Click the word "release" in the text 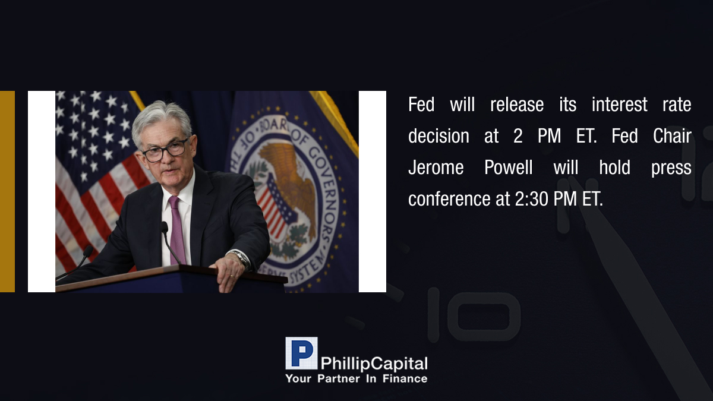517,105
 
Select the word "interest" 619,105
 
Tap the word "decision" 438,136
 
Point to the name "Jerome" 436,167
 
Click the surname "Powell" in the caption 509,167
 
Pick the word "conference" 449,199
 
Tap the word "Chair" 672,136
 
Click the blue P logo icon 301,353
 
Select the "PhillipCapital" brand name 374,364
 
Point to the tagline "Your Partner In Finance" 356,379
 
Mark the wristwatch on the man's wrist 242,258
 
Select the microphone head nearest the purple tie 164,227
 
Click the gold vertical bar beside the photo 7,191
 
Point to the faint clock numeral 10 474,315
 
